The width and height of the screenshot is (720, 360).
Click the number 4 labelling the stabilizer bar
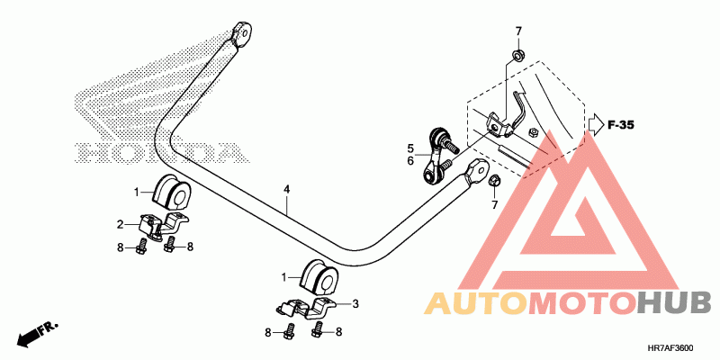[x=286, y=190]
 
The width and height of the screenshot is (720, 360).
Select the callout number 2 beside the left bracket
[x=119, y=224]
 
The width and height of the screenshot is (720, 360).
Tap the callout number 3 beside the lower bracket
[x=355, y=304]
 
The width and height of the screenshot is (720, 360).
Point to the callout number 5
[x=409, y=148]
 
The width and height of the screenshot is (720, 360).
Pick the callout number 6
[x=409, y=161]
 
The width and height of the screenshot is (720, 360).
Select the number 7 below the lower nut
[x=493, y=206]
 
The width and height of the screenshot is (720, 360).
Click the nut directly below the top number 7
[x=518, y=58]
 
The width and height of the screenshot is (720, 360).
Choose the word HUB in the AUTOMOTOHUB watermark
[x=674, y=303]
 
